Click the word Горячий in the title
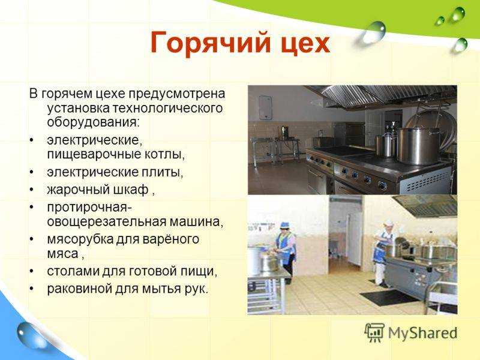coord(211,43)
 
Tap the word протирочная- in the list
coord(89,208)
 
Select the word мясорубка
coord(80,239)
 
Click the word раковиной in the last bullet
coord(80,289)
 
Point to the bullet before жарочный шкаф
coord(32,190)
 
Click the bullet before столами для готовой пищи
coord(32,272)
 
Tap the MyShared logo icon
coord(374,332)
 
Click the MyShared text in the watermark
coord(423,333)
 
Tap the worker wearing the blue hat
coord(286,247)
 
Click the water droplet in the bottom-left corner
coord(29,335)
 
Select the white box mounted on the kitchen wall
coord(265,107)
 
